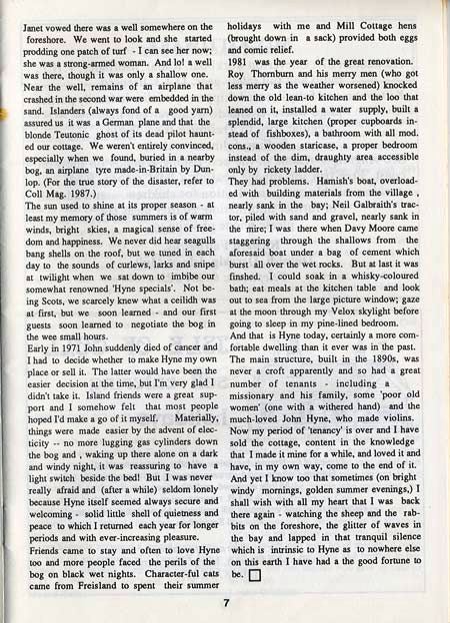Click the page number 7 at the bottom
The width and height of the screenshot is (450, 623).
click(x=227, y=602)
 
